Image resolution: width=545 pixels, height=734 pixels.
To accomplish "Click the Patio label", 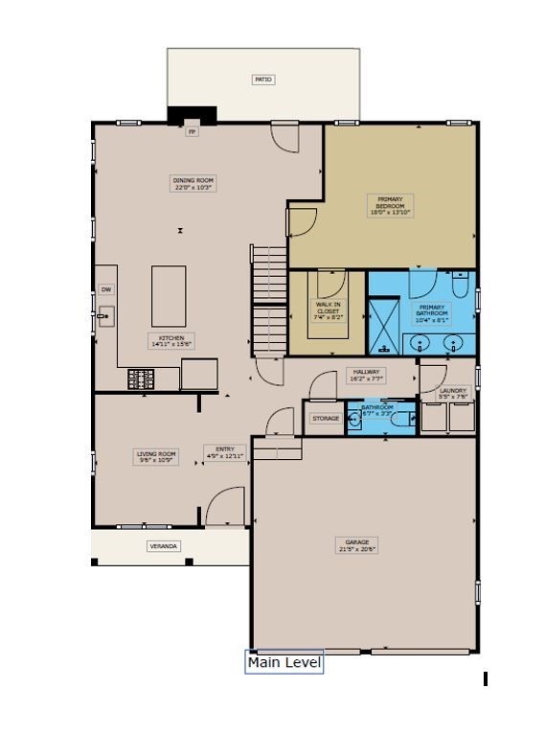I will coord(263,80).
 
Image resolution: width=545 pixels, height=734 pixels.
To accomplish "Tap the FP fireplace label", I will coord(192,131).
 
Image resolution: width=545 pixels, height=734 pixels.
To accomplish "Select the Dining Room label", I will coord(193,184).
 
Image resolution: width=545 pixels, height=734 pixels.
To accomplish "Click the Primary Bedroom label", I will coord(390,205).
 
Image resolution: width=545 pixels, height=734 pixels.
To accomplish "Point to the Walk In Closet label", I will coord(329,309).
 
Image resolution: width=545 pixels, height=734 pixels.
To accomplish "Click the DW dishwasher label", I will coord(106,289).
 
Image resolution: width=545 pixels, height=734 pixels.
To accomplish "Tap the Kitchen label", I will coord(171,340).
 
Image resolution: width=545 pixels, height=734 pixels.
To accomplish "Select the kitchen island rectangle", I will coord(169,297).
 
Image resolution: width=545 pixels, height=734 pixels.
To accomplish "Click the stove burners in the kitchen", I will coord(140,379).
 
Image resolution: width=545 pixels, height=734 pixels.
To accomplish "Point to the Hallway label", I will coord(365,375).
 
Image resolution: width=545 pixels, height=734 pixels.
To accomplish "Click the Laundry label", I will coord(453,393).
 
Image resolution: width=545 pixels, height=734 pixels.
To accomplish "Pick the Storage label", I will coord(326,419).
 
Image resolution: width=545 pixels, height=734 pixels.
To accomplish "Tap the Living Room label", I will coord(156,457).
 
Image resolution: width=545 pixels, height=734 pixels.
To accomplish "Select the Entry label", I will coord(225,452).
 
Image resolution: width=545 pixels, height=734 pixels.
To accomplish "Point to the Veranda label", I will coord(163,546).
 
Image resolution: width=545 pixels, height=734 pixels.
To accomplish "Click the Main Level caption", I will coord(284,662).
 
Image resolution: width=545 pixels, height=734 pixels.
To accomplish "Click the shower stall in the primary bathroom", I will coord(385,327).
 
